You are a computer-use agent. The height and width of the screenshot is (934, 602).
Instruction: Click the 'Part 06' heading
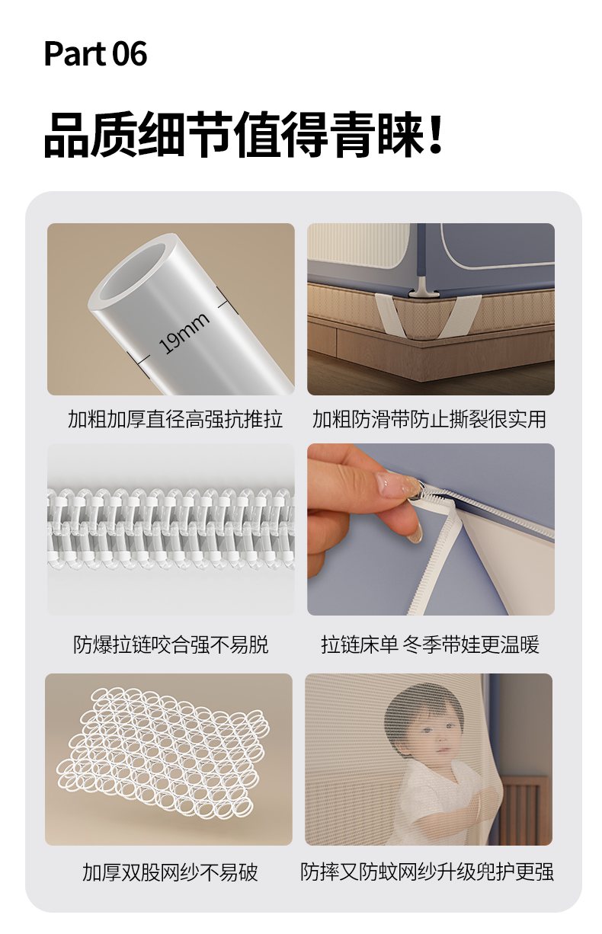pos(95,54)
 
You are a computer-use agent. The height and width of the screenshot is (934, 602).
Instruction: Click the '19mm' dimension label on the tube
pos(184,332)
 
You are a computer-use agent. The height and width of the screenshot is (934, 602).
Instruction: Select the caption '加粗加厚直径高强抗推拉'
pos(175,419)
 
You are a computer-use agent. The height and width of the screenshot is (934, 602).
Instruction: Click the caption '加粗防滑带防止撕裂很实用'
pos(429,419)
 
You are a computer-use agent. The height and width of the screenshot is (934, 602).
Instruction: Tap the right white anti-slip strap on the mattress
pos(462,316)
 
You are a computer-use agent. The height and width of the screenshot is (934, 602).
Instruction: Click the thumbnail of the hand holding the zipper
pos(431,529)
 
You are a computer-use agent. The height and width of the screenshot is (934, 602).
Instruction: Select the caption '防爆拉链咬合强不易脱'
pos(171,645)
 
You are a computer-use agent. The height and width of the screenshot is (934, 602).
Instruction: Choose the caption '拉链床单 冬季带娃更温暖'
pos(430,645)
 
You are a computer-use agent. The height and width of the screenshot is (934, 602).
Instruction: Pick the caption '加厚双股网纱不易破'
pos(170,872)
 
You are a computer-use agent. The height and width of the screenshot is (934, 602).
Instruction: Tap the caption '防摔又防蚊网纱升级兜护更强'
pos(427,872)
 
